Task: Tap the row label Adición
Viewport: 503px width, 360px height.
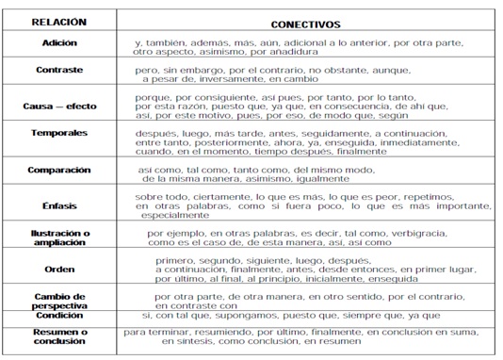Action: [60, 43]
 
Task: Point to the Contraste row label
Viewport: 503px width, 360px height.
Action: [60, 70]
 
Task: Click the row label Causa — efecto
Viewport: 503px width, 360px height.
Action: [59, 105]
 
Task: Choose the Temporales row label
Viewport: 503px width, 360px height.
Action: [59, 134]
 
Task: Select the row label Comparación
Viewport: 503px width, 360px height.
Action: [59, 170]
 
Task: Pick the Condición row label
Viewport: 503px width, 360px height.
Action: [59, 316]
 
